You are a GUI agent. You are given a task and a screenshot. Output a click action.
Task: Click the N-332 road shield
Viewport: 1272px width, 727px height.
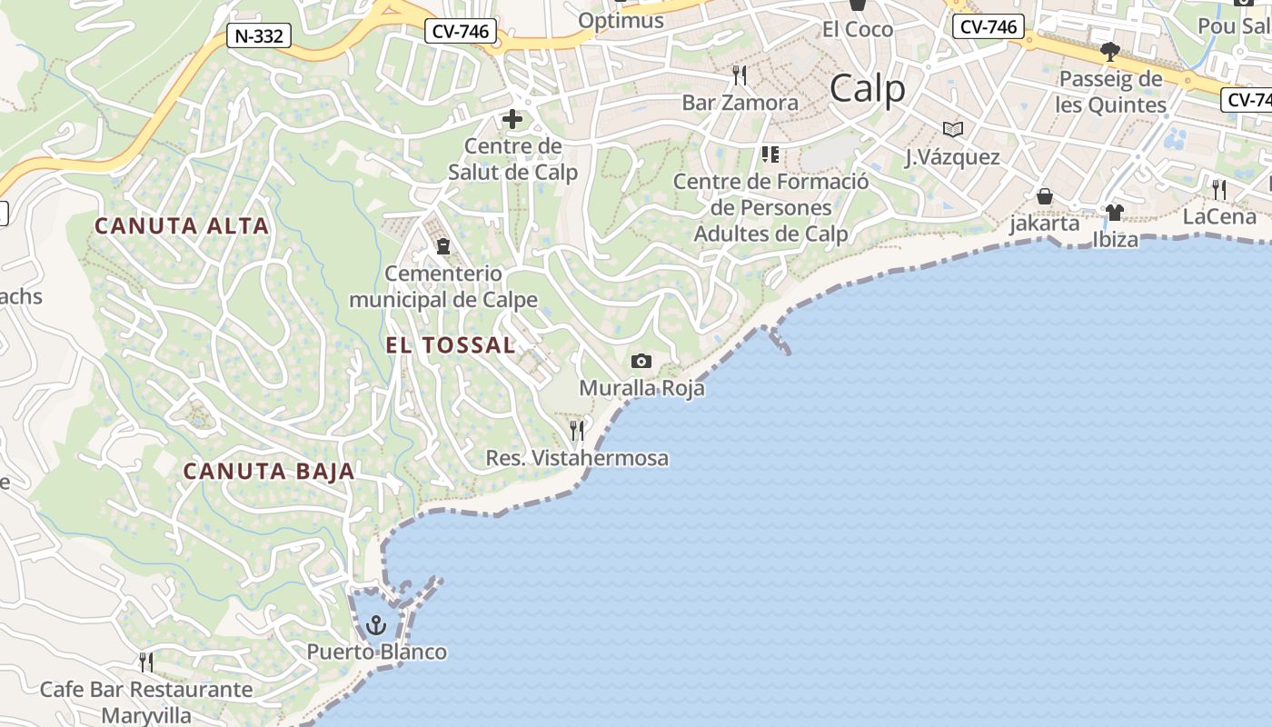(259, 36)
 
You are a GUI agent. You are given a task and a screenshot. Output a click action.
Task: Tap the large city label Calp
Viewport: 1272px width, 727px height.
(868, 89)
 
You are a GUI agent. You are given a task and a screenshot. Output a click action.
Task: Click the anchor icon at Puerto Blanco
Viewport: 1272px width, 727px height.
(375, 625)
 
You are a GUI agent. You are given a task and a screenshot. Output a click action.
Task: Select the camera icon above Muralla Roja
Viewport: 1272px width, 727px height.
(641, 362)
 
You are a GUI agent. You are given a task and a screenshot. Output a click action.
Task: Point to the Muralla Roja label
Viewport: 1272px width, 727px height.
(641, 389)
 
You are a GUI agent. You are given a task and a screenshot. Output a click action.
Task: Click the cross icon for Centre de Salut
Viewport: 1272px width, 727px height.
(512, 119)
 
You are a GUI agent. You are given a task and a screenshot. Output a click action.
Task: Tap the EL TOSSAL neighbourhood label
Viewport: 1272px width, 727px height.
(451, 345)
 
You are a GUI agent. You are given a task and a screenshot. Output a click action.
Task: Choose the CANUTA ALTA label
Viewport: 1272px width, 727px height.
(182, 226)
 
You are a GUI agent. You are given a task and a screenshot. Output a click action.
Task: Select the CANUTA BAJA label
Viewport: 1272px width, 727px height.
(269, 471)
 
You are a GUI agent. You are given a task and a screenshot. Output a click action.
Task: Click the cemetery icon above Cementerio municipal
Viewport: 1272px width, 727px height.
(443, 246)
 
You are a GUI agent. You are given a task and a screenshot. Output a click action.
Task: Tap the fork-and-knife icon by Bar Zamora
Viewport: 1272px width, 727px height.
(740, 75)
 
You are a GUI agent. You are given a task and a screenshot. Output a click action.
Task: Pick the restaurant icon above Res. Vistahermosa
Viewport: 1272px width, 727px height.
(577, 430)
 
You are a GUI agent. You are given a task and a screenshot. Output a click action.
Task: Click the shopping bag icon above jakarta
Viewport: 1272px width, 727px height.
(1045, 196)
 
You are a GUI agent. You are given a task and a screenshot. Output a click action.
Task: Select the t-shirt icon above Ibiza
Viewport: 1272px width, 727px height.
(1115, 213)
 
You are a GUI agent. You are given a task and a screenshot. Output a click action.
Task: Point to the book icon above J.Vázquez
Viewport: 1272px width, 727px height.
(952, 130)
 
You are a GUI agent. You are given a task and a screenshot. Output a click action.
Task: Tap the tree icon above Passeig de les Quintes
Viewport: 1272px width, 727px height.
(1109, 51)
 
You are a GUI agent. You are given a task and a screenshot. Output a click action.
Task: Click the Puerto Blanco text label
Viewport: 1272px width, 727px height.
(376, 652)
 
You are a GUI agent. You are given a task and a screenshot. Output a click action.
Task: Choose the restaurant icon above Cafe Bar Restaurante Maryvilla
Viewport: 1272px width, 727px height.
(145, 662)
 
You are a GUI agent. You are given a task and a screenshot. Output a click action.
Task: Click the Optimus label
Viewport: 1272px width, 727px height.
(621, 20)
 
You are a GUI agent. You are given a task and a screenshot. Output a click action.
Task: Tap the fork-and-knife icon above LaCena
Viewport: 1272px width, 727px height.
(1219, 190)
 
